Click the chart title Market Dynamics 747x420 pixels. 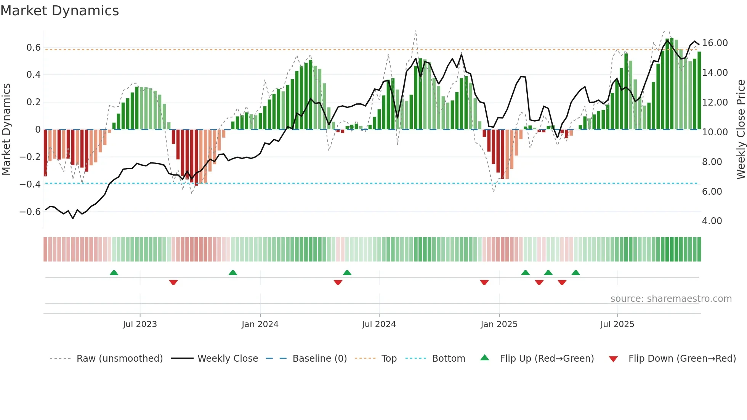click(x=59, y=11)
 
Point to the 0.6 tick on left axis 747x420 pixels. click(x=34, y=48)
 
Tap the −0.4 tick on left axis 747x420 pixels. click(x=30, y=184)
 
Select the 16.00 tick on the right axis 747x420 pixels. click(x=715, y=43)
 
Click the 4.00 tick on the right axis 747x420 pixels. click(x=712, y=221)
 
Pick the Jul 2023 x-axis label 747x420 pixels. click(x=140, y=324)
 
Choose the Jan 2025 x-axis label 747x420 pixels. click(x=499, y=324)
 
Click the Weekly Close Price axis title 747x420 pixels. click(x=741, y=129)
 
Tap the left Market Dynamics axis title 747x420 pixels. click(x=6, y=129)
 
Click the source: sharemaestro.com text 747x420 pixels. click(x=671, y=299)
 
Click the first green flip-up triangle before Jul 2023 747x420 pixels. click(x=114, y=273)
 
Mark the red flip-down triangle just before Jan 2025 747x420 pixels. click(x=484, y=282)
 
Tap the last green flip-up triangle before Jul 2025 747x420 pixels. click(x=575, y=273)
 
